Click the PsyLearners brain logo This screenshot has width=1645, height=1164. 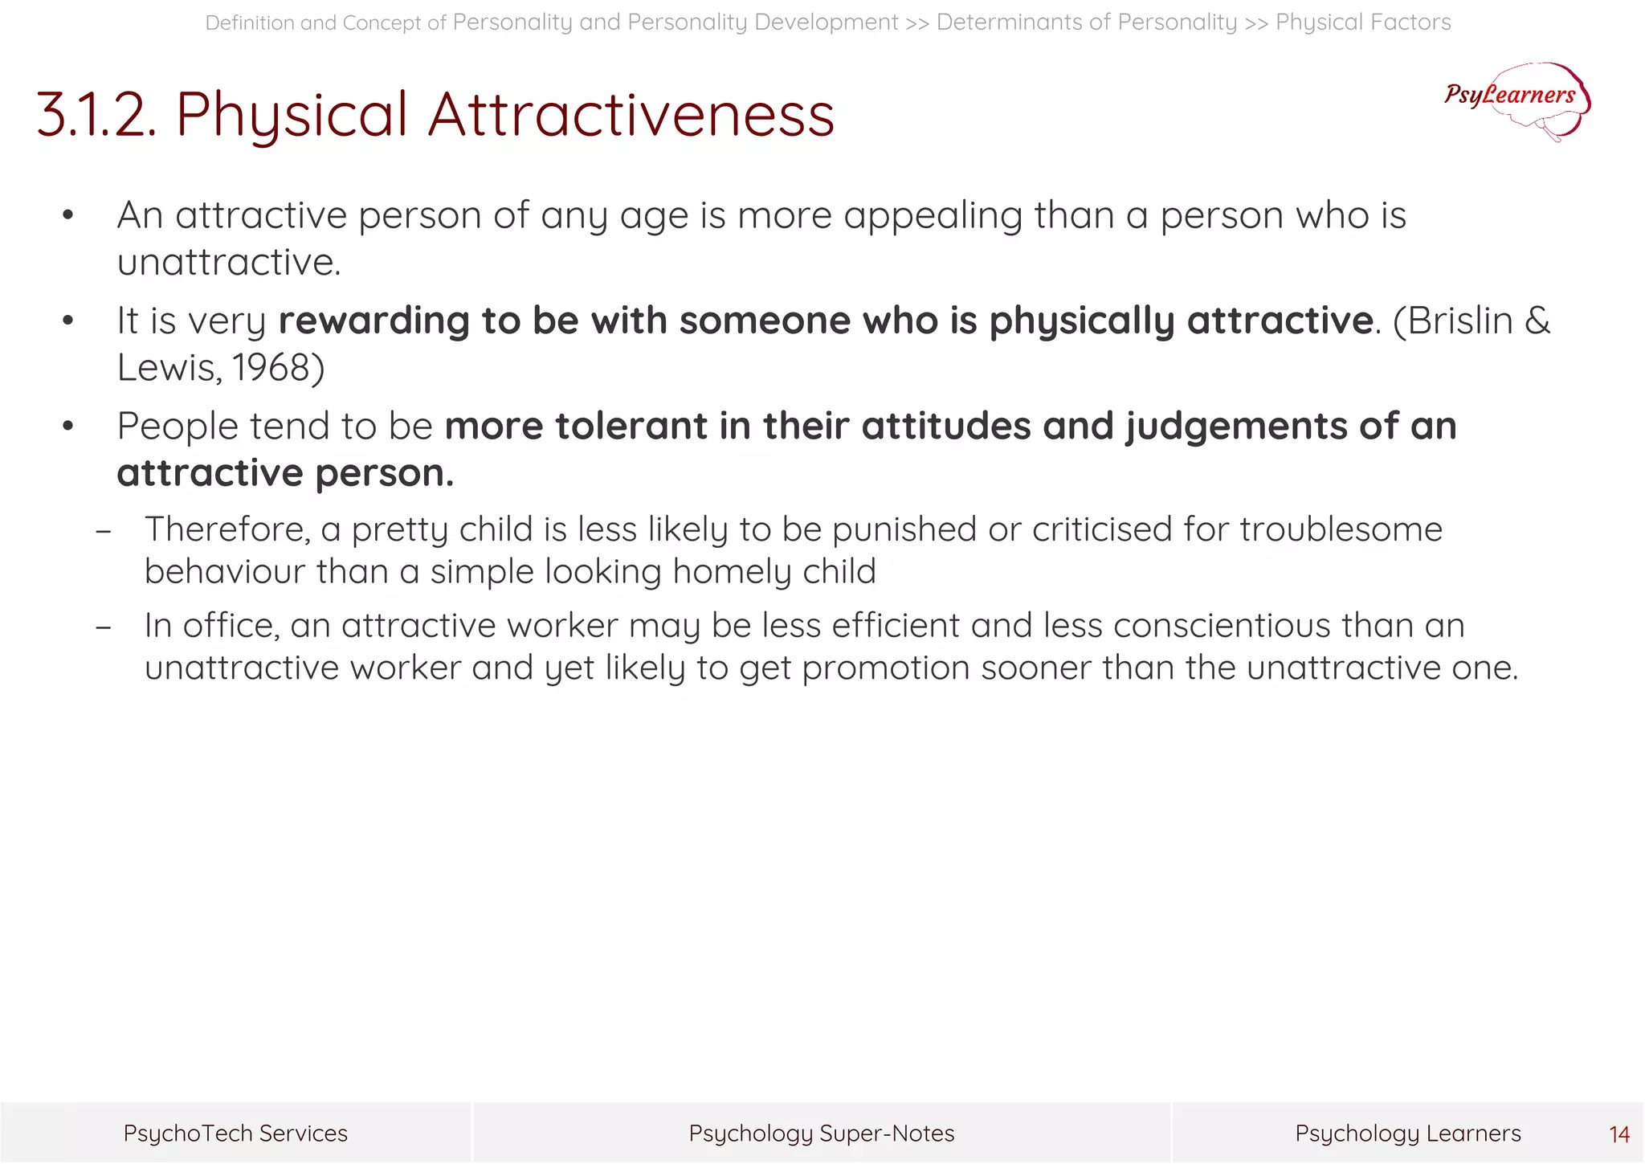[x=1516, y=100]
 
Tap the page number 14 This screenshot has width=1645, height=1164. [x=1619, y=1134]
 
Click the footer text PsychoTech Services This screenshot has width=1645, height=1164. [x=235, y=1133]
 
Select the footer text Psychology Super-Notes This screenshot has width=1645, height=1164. [x=822, y=1133]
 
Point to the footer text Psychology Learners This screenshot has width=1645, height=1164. [x=1407, y=1133]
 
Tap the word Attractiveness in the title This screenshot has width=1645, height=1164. [x=631, y=115]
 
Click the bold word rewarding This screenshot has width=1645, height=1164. [x=373, y=321]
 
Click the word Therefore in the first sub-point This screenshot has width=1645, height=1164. [x=227, y=530]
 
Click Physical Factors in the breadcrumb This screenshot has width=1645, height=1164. [x=1363, y=22]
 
